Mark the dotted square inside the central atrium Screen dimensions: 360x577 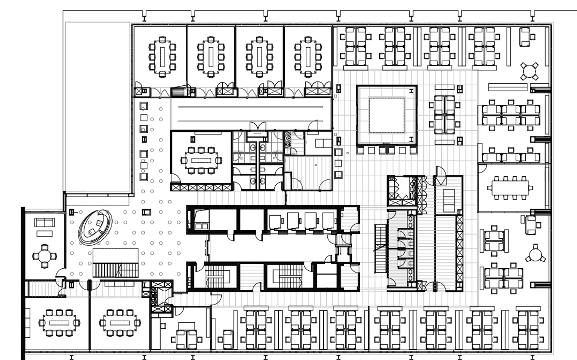[x=387, y=115]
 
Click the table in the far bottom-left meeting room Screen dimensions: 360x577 [x=59, y=322]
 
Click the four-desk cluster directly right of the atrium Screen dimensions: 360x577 [x=444, y=114]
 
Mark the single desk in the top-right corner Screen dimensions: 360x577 [x=525, y=36]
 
